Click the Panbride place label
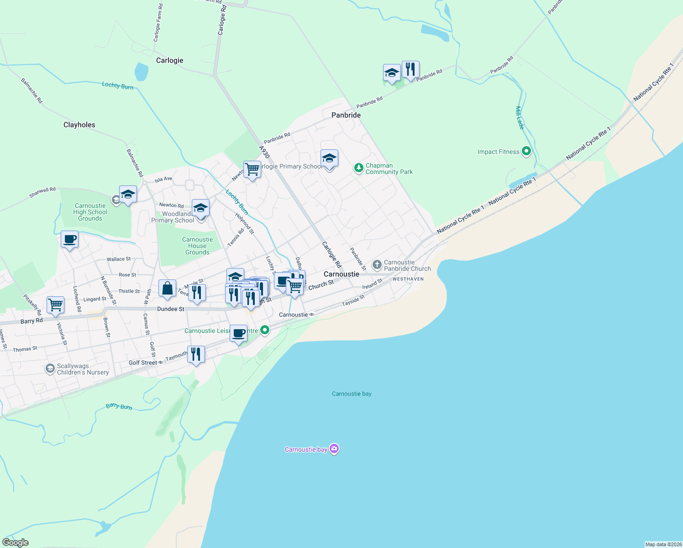tap(346, 115)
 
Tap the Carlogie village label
tap(170, 60)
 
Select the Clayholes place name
tap(79, 125)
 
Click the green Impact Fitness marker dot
tap(526, 151)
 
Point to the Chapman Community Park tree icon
tap(359, 169)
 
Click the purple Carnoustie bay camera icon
tap(334, 449)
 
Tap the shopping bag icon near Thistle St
tap(167, 289)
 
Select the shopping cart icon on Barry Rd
tap(55, 305)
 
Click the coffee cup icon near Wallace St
tap(69, 239)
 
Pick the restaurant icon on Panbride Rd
tap(410, 69)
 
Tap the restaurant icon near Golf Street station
tap(196, 354)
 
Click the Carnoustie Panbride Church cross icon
tap(377, 264)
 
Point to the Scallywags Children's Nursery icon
tap(50, 369)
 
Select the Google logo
tap(16, 543)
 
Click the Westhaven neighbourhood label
tap(408, 279)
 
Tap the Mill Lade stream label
tap(520, 117)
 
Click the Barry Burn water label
tap(119, 406)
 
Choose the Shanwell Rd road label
tap(42, 192)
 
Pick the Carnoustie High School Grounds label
tap(90, 212)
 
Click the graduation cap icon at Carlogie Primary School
tap(329, 158)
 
